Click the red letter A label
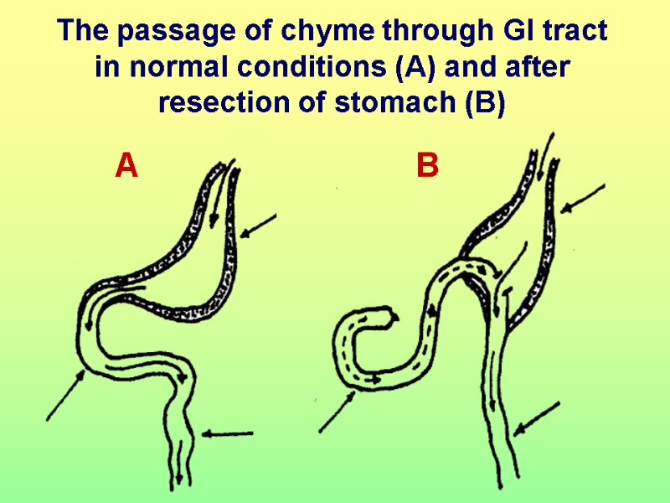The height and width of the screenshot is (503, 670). (126, 166)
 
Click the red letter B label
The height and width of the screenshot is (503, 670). (427, 167)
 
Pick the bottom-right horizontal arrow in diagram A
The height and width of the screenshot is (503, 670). (228, 433)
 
